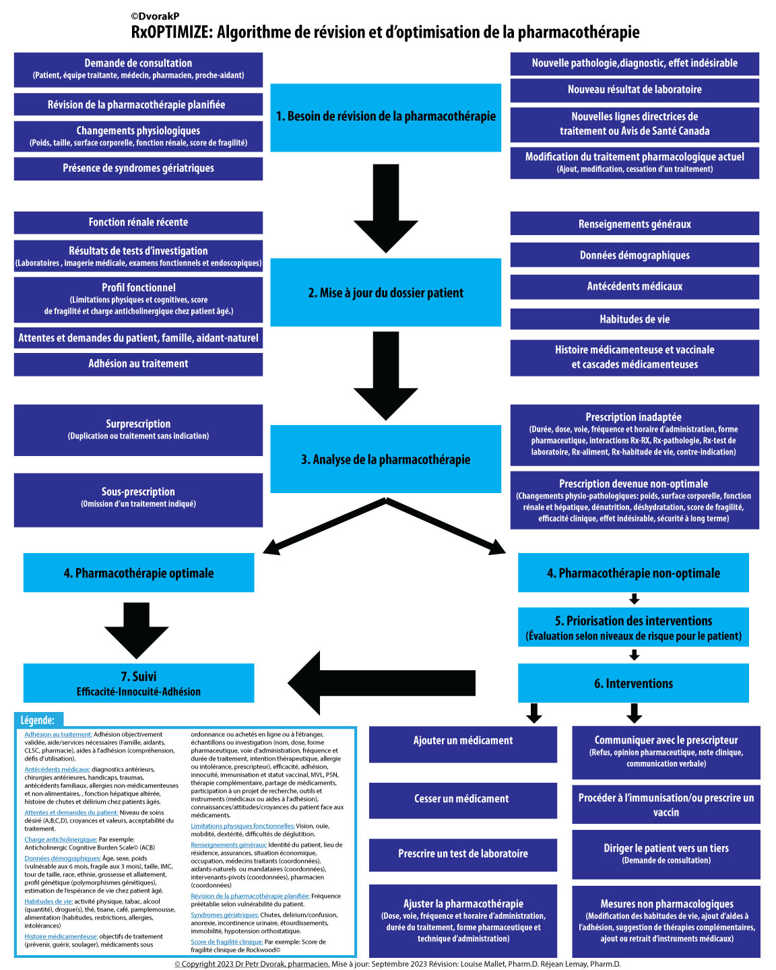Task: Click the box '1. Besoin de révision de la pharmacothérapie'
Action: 385,117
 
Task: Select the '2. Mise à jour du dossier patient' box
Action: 385,292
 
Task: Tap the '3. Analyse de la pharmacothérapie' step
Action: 385,459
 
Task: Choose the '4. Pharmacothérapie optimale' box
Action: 138,573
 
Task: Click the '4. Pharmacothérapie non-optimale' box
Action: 633,573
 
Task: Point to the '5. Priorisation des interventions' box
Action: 633,627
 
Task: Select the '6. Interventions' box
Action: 633,683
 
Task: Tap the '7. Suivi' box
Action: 138,683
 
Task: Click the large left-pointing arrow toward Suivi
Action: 381,683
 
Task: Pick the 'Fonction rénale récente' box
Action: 138,222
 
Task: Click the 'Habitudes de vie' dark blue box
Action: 635,319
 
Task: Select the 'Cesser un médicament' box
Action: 463,799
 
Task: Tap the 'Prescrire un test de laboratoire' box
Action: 463,853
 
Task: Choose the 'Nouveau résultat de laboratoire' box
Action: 635,90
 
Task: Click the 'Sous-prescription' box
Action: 138,499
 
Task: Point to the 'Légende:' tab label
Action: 38,720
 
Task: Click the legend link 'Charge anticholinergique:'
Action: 61,839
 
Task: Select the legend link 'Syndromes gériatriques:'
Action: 224,915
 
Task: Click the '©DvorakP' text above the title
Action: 155,16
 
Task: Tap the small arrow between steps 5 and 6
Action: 634,655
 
